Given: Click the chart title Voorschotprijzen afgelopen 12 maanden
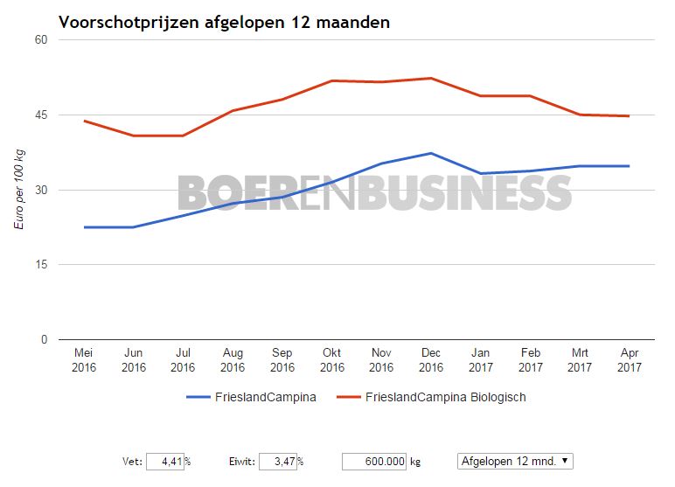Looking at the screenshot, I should [224, 22].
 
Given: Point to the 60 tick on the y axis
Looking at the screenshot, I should [40, 40].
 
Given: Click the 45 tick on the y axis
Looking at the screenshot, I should [40, 115].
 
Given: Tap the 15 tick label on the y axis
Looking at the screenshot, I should [40, 265].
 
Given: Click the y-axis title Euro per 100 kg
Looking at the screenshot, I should [19, 189].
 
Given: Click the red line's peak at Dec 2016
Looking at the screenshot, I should [431, 78].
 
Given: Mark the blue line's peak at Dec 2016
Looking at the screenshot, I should [431, 153].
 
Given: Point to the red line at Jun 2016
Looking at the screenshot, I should [134, 136].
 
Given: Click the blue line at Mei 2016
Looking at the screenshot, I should [84, 227].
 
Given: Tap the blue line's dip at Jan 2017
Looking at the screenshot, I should [481, 173].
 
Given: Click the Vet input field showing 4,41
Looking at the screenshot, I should [165, 461].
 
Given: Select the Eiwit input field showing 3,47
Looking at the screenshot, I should [277, 461].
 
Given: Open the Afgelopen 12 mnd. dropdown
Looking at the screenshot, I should [515, 461].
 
